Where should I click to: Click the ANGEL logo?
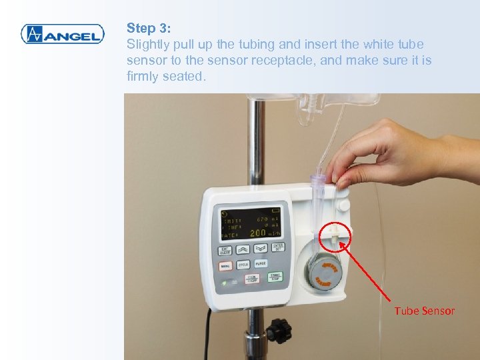62,34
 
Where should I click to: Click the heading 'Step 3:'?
149,28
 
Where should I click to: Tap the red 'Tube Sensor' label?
424,311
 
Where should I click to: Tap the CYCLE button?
243,265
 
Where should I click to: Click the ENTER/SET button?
278,247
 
